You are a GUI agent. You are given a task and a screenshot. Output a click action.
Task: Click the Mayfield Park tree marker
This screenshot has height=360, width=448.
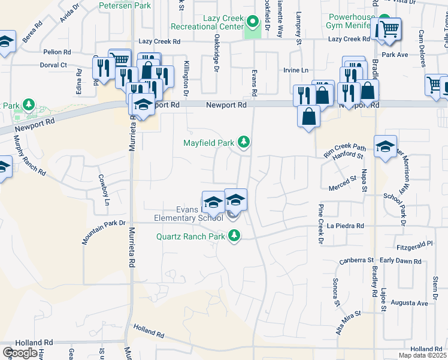pos(243,142)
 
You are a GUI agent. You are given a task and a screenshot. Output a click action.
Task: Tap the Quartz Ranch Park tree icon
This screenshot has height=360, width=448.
pos(235,236)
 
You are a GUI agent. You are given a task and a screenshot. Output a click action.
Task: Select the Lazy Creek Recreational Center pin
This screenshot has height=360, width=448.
pos(253,23)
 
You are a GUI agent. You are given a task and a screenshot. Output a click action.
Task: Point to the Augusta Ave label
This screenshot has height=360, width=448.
pos(409,303)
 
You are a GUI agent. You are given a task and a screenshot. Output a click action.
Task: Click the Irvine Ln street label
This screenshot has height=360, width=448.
pos(295,70)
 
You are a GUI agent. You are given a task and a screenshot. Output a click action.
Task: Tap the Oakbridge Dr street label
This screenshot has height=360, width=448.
pos(214,50)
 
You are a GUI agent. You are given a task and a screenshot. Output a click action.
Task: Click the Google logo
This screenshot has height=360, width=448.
pos(19,353)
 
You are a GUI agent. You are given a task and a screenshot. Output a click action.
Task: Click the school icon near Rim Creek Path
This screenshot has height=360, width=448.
pos(385,146)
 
